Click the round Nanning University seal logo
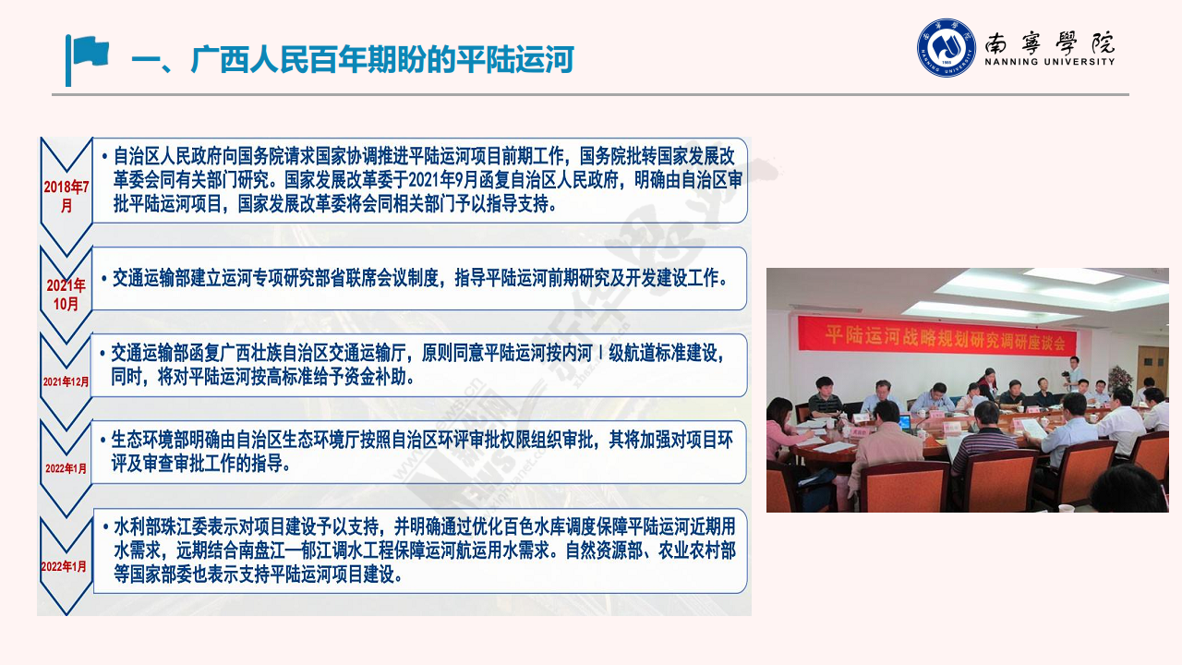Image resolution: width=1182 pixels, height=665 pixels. (947, 47)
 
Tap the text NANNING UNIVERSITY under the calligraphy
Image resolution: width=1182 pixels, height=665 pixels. (1050, 62)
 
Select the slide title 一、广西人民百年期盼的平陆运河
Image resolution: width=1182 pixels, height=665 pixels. (353, 59)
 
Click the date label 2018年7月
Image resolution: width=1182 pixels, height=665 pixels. (66, 196)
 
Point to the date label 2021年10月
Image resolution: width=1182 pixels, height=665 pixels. (66, 295)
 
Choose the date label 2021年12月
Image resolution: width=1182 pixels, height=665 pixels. (66, 381)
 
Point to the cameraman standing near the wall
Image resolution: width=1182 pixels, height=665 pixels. (1073, 372)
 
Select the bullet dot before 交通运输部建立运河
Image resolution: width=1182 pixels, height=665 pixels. (104, 279)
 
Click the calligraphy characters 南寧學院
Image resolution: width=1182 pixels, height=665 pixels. (1050, 42)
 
